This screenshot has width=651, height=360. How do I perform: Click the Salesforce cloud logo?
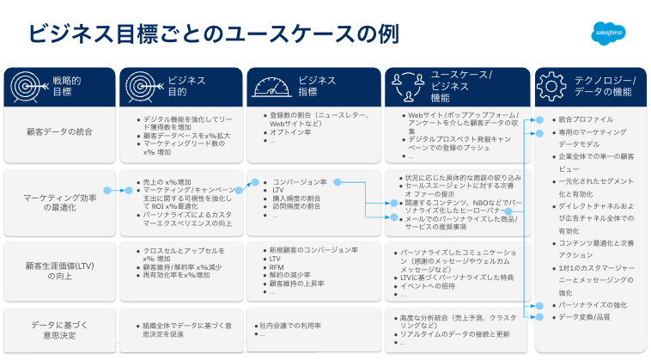609,34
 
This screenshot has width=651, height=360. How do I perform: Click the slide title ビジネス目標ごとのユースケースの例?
214,34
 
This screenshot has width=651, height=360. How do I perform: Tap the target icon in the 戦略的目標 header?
26,85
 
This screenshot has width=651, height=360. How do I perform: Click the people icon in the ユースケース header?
405,85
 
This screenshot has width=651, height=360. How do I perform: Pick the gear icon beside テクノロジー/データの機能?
553,85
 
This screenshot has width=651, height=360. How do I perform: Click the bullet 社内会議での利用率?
290,326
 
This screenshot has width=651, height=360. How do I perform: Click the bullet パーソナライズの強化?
593,305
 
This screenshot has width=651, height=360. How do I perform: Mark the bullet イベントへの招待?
429,285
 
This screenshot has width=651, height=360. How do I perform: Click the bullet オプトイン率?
289,132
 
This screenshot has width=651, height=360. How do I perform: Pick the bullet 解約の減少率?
295,275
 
